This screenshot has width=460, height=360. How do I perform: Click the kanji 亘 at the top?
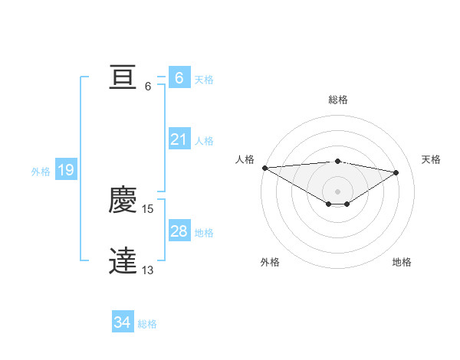[x=123, y=78]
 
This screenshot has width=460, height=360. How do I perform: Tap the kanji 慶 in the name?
[x=123, y=201]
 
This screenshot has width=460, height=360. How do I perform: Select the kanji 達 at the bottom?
[x=123, y=261]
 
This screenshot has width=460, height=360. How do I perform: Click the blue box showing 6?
[x=179, y=78]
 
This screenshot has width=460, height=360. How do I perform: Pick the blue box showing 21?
[x=179, y=139]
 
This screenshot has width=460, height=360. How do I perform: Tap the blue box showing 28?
[x=179, y=231]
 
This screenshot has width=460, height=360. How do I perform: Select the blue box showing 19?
[x=65, y=170]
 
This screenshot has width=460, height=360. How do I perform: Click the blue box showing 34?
[x=123, y=323]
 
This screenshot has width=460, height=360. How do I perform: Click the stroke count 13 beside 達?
[x=148, y=270]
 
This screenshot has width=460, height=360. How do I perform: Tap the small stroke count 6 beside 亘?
[x=148, y=86]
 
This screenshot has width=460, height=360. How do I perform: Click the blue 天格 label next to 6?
[x=204, y=79]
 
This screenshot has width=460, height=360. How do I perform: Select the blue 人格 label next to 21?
[x=204, y=140]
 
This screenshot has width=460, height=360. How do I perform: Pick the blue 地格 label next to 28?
[x=204, y=232]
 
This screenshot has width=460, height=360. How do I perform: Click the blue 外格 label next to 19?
[x=41, y=172]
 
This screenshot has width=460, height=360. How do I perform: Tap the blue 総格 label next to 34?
[x=147, y=324]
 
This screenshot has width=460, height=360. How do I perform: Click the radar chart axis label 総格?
[x=337, y=100]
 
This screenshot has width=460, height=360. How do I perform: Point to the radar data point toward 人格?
[x=264, y=168]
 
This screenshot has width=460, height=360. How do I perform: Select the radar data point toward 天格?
[x=396, y=172]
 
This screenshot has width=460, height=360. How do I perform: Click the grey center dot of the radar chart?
[x=337, y=191]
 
